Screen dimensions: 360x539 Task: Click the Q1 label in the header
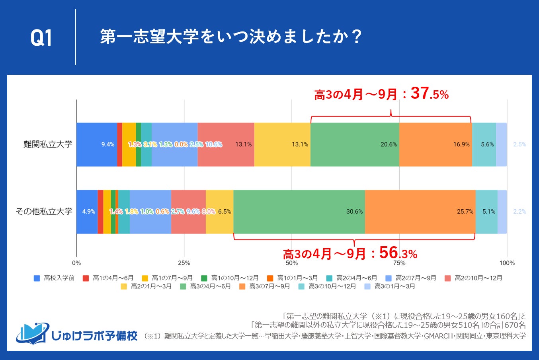(41, 38)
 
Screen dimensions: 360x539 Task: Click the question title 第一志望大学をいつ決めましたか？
(230, 37)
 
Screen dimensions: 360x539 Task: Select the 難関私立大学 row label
(48, 144)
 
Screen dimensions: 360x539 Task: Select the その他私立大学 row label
(44, 211)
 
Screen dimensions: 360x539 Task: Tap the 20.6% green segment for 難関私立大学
(355, 144)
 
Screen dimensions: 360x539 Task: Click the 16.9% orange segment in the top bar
(435, 144)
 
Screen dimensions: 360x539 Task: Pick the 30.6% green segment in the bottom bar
(299, 212)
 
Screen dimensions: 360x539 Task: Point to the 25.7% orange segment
(420, 212)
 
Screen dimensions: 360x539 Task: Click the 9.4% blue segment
(96, 144)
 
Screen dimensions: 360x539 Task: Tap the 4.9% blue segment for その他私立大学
(87, 212)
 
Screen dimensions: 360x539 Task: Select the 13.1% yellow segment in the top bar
(282, 144)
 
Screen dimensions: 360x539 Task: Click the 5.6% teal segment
(484, 144)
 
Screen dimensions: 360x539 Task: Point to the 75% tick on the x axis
(399, 263)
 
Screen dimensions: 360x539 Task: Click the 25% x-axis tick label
(184, 263)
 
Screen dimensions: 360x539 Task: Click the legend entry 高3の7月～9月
(265, 286)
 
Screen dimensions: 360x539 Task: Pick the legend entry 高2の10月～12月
(474, 278)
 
